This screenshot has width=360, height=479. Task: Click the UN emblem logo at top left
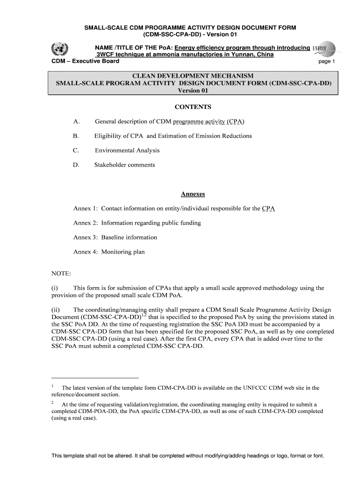(x=60, y=49)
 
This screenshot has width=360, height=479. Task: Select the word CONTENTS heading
(x=193, y=107)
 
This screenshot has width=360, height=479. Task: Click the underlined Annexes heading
(x=193, y=194)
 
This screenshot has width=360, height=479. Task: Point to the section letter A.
(x=76, y=122)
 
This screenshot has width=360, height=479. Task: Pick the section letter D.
(x=76, y=165)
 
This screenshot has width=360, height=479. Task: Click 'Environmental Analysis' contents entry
(x=127, y=150)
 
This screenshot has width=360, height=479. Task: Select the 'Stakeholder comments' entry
(x=125, y=165)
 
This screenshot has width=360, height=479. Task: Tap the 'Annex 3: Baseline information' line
(x=115, y=237)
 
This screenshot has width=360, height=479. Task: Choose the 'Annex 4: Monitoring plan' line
(x=109, y=252)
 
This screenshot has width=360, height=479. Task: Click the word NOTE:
(x=61, y=274)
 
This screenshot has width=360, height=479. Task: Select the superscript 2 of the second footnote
(x=53, y=402)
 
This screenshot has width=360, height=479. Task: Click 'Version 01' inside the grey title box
(x=193, y=91)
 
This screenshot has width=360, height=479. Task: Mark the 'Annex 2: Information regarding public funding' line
(x=137, y=223)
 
